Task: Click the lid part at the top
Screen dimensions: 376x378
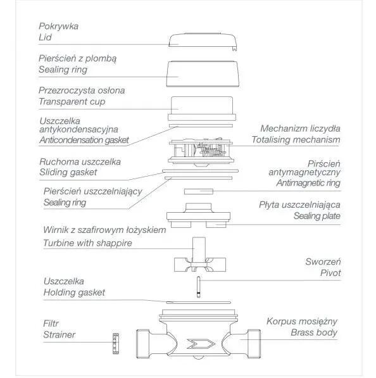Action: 203,41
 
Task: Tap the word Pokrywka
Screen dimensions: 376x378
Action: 58,27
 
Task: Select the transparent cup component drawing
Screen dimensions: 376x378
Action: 202,108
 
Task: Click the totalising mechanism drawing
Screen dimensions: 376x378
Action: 201,153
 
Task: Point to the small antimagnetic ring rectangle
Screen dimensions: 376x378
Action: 199,191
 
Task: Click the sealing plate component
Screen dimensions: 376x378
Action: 198,215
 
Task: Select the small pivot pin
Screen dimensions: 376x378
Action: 198,287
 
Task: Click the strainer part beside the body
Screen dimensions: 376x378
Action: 116,343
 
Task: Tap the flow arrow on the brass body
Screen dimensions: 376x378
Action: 201,344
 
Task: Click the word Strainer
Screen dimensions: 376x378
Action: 60,334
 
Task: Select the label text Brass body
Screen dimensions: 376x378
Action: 314,332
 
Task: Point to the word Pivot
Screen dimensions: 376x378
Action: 330,273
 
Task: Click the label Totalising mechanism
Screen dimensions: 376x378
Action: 296,139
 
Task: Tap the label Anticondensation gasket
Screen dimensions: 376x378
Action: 84,140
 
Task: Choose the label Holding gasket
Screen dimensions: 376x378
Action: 74,293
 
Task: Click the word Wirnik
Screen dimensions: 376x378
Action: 56,230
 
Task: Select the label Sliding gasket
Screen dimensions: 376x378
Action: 68,172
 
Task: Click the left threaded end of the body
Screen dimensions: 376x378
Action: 142,344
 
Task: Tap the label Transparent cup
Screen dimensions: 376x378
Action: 72,101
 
